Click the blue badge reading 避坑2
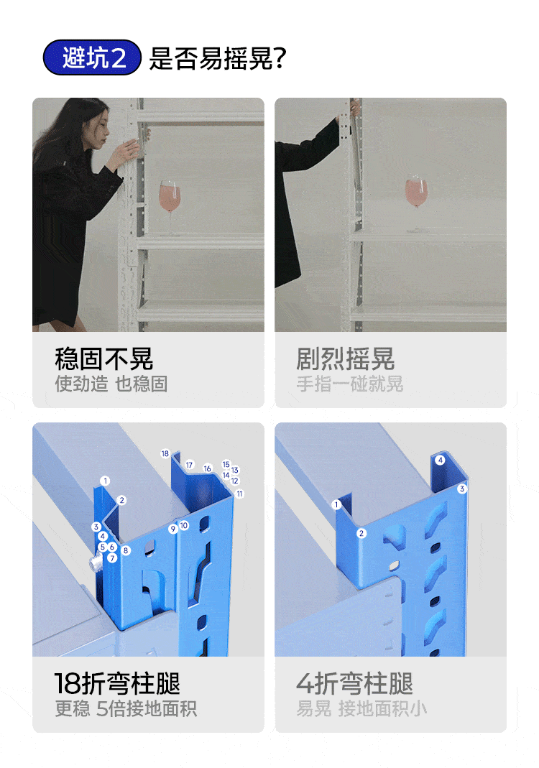(x=92, y=57)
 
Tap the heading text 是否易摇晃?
(x=218, y=58)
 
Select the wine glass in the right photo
(x=416, y=202)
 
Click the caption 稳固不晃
(x=104, y=358)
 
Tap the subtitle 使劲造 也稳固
(x=111, y=384)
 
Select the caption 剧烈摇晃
(x=346, y=358)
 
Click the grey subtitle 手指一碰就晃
(x=350, y=384)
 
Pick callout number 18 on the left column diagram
(x=165, y=453)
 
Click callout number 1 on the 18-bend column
(x=105, y=481)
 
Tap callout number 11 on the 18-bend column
(x=239, y=494)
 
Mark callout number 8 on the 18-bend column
(x=126, y=550)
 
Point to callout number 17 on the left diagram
(x=190, y=465)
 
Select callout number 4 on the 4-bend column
(x=440, y=460)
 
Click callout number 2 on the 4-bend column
(x=361, y=533)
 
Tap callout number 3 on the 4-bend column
(x=461, y=489)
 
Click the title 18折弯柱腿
(x=117, y=683)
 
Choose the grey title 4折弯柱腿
(x=355, y=683)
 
